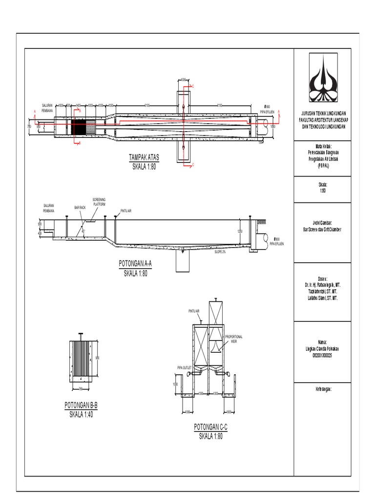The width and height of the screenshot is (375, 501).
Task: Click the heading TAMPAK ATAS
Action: click(144, 158)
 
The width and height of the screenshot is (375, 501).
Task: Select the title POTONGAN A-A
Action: click(136, 264)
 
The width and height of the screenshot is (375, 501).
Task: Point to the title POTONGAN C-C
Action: click(210, 427)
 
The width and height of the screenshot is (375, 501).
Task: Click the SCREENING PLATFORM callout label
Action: click(99, 202)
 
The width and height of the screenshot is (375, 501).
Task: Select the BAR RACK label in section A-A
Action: click(80, 207)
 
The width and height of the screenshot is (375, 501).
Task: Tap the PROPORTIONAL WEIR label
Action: click(233, 339)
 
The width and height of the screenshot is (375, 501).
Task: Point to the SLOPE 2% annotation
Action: click(221, 252)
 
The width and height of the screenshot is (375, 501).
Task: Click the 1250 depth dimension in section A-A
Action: click(239, 231)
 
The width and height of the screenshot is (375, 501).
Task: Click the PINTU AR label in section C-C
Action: click(194, 311)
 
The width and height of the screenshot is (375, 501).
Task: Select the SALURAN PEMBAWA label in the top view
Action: click(47, 108)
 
